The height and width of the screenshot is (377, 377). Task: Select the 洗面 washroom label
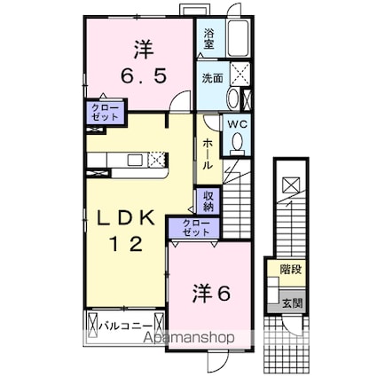coord(210,77)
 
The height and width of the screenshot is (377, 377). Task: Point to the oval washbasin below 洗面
coord(232,98)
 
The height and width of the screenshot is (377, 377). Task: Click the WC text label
coord(235,125)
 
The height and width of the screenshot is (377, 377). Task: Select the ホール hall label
coord(207,153)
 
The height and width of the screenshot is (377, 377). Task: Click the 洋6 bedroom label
coord(212,290)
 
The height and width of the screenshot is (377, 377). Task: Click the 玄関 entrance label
coord(290,303)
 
